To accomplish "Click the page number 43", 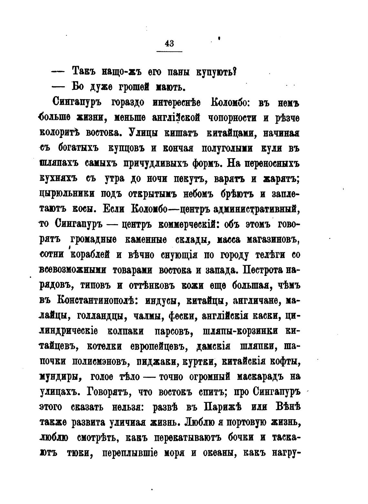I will tap(169, 43).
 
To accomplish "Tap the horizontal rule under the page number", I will tap(169, 52).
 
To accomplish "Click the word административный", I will tap(255, 209).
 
